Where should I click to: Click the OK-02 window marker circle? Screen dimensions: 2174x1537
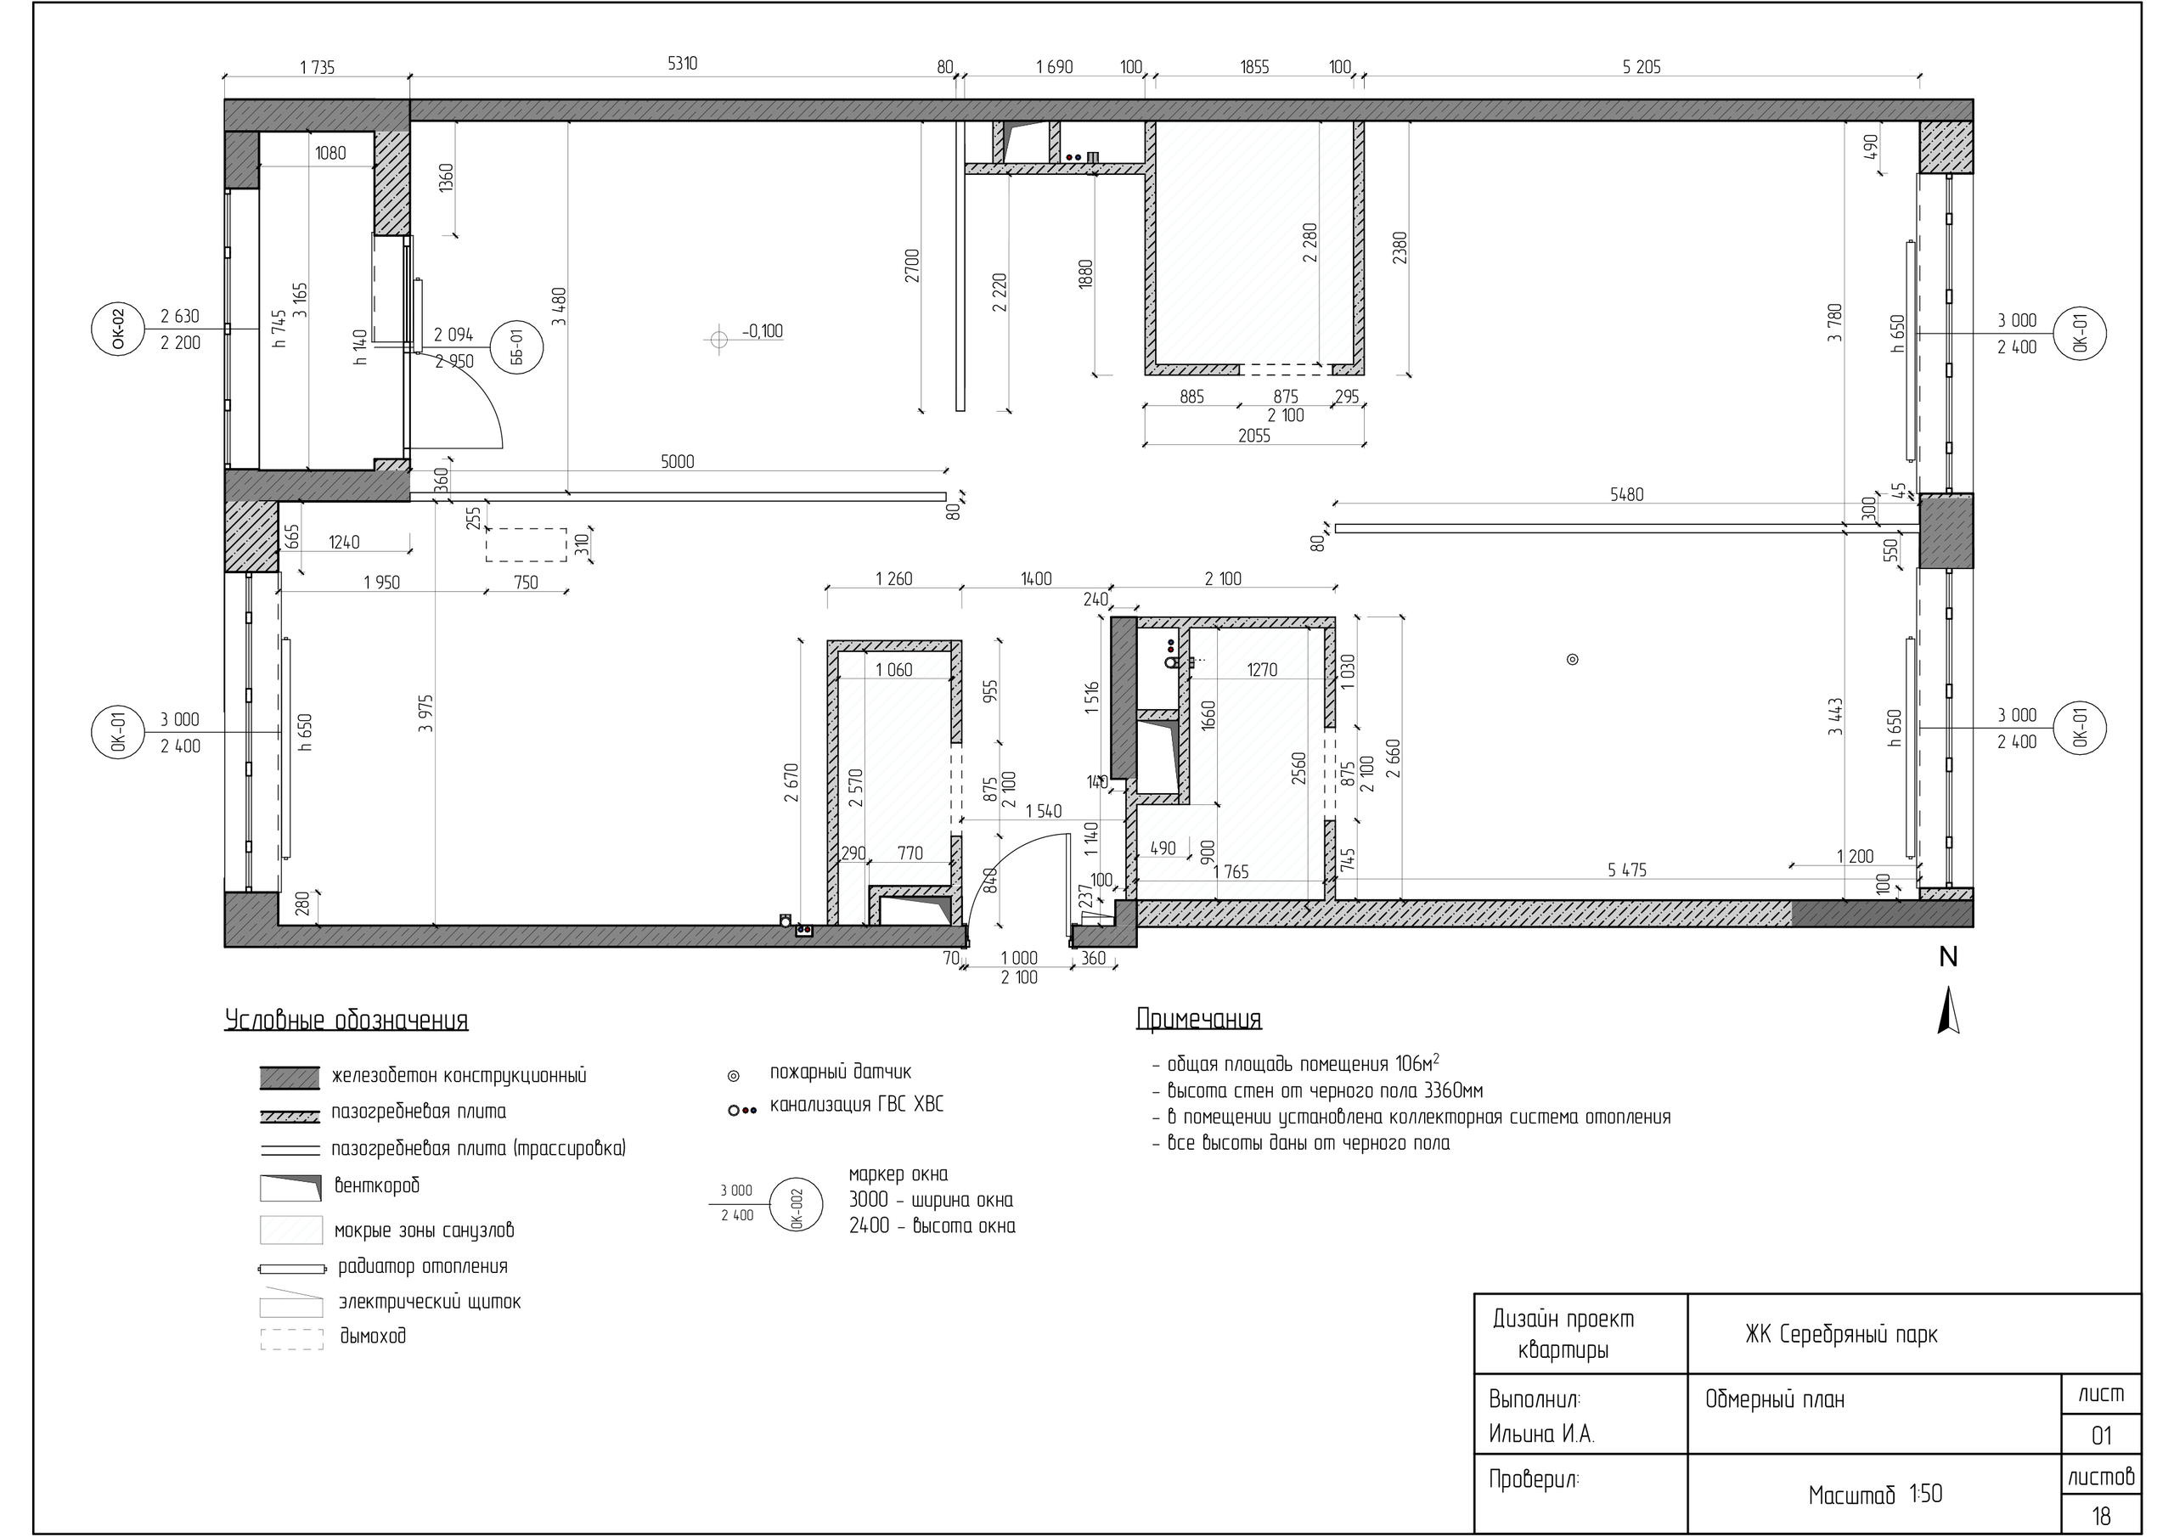click(x=117, y=329)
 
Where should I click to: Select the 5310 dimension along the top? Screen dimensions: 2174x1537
click(x=683, y=64)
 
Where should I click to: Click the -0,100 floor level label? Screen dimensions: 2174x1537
click(x=763, y=331)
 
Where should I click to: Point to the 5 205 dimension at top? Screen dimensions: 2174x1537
click(x=1641, y=66)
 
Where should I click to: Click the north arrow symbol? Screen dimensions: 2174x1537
click(x=1948, y=1010)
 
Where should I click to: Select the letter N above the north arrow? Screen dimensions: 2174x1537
click(x=1948, y=957)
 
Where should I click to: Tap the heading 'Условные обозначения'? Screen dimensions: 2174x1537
click(x=346, y=1021)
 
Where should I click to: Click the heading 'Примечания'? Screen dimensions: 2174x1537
click(x=1199, y=1019)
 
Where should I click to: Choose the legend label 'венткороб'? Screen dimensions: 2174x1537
click(x=377, y=1185)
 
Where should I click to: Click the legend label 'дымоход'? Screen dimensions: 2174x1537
click(x=373, y=1337)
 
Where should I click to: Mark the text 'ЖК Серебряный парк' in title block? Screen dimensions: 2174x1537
click(x=1842, y=1334)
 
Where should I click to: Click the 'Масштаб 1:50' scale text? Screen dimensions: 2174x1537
click(x=1875, y=1495)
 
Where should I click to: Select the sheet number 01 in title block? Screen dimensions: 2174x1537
click(x=2101, y=1436)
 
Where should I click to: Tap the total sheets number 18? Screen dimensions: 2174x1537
click(x=2101, y=1516)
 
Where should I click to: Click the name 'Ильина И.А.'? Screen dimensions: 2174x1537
click(x=1542, y=1436)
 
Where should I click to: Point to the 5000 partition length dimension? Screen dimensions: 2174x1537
click(x=677, y=462)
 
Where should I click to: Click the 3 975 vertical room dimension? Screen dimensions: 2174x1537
click(x=426, y=713)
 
